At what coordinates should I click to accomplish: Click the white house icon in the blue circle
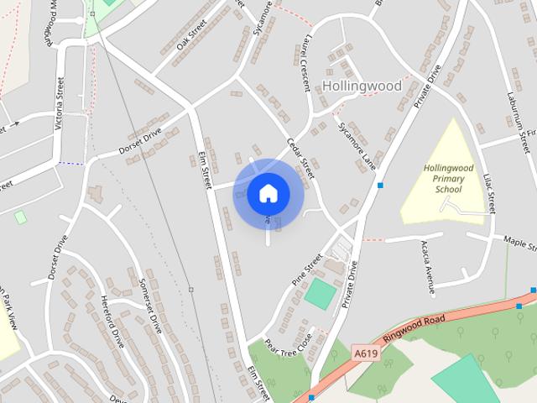(x=268, y=193)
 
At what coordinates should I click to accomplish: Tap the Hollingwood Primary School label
(x=448, y=178)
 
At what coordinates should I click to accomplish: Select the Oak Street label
(x=191, y=36)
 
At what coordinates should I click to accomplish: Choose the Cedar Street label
(x=300, y=156)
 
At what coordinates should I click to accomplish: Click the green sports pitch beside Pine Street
(x=319, y=293)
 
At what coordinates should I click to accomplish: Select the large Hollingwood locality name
(x=362, y=86)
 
